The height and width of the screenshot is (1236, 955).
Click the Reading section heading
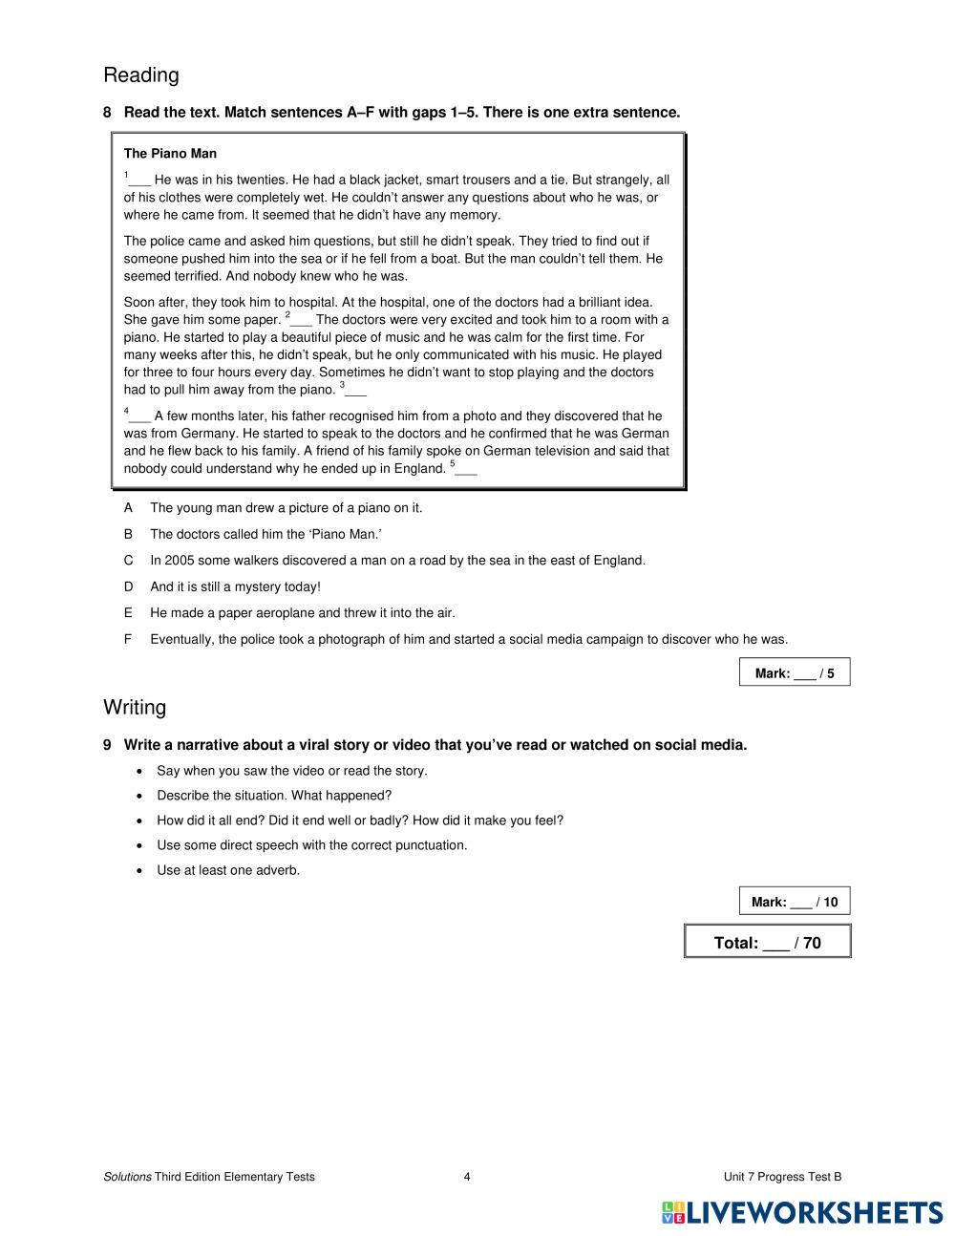click(x=140, y=75)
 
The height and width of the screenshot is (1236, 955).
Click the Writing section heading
click(x=135, y=707)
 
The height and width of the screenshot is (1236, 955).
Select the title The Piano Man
click(x=170, y=153)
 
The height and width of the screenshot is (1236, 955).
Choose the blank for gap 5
click(x=466, y=470)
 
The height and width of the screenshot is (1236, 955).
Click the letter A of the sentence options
click(x=128, y=508)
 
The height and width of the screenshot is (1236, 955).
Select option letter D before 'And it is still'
click(x=128, y=586)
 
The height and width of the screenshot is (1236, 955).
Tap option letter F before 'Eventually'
click(x=128, y=639)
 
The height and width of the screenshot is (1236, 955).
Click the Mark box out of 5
click(x=795, y=672)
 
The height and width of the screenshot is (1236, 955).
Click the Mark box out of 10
click(x=795, y=901)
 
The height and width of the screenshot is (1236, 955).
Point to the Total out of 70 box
click(x=768, y=942)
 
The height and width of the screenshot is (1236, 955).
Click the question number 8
click(x=107, y=113)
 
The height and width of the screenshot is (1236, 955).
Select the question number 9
click(x=107, y=745)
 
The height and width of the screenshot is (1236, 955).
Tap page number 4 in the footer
click(x=467, y=1177)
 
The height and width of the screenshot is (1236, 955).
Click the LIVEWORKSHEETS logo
click(x=803, y=1212)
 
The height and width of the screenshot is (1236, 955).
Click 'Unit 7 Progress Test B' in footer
click(x=782, y=1177)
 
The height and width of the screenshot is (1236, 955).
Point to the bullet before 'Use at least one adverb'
click(x=140, y=870)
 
